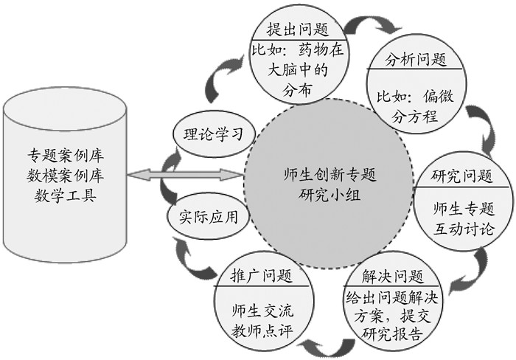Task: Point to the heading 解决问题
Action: pos(393,278)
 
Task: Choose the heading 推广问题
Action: pos(256,277)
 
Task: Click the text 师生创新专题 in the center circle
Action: pos(329,177)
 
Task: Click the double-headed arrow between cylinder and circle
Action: pos(185,176)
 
